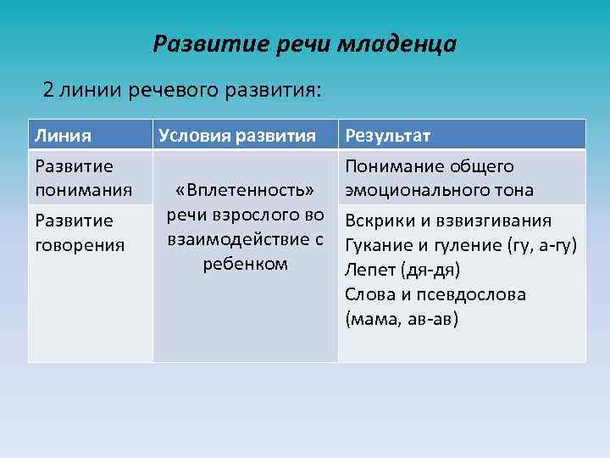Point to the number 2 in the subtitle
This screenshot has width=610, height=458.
coord(49,90)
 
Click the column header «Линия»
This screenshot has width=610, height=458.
coord(61,135)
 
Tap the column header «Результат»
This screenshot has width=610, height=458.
coord(387,135)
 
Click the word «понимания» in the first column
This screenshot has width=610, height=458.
coord(82,189)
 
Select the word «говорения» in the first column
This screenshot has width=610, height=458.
coord(78,244)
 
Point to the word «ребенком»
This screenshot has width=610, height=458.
coord(245,263)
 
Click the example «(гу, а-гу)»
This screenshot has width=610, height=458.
coord(541,245)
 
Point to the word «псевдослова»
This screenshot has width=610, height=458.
coord(474,294)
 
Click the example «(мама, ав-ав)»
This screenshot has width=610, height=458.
coord(402,319)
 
